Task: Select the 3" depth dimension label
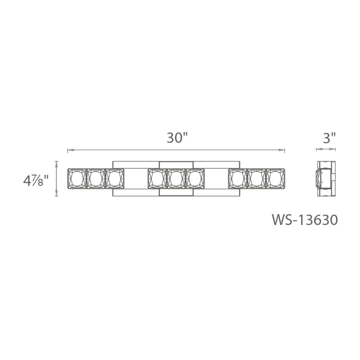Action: (329, 138)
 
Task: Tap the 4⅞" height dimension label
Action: (36, 181)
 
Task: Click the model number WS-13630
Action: (304, 220)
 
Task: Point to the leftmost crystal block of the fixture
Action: (77, 178)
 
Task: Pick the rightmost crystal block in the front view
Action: (275, 178)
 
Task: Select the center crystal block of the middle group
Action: (176, 178)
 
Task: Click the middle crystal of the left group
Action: (96, 178)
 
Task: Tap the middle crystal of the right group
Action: (256, 178)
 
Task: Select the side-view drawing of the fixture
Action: (326, 178)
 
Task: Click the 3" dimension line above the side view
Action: (326, 149)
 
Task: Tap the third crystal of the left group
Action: (115, 178)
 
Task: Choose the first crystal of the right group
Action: (238, 178)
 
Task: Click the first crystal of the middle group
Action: (157, 178)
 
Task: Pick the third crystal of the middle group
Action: (195, 178)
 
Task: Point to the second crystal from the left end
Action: (96, 178)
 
